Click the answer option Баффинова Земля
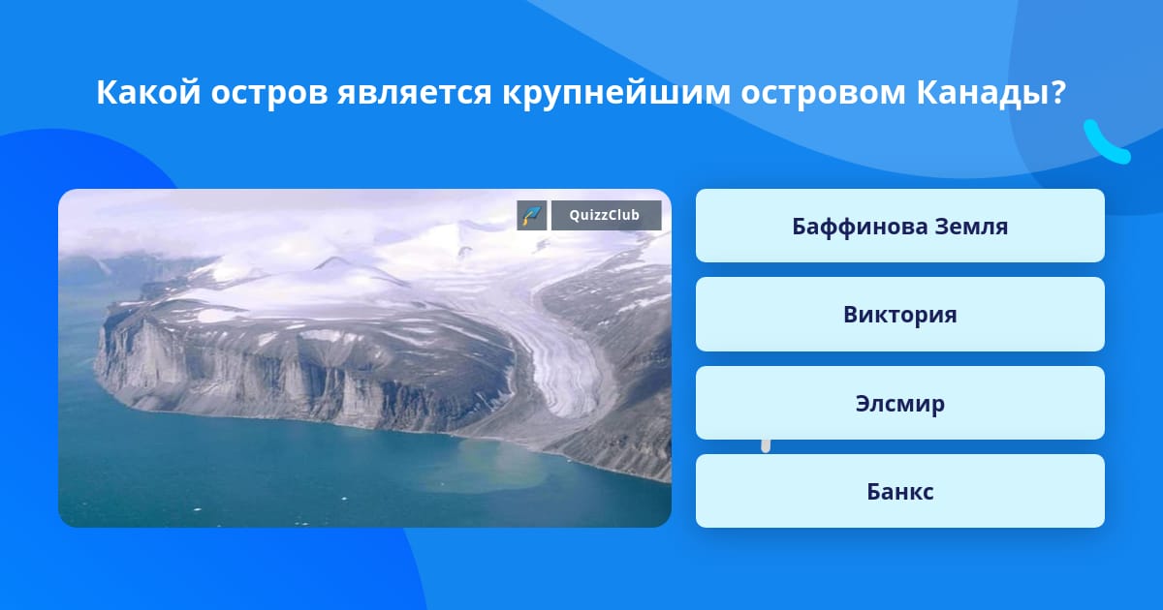point(899,226)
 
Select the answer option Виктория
point(899,315)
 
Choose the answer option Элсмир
point(899,403)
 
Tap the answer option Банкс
point(899,491)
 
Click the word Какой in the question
point(148,92)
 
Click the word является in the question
point(415,94)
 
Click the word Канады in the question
point(981,94)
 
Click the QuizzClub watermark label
point(606,215)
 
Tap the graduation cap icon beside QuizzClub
point(532,215)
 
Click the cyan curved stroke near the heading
point(1103,144)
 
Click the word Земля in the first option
point(971,227)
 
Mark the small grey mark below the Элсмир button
point(766,446)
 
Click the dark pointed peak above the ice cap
point(332,262)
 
